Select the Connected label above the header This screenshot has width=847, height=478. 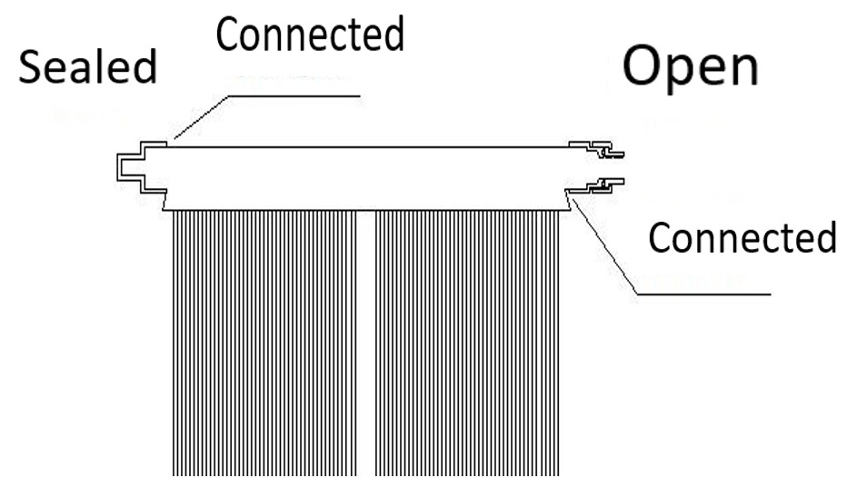[309, 35]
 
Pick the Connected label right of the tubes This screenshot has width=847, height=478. [742, 238]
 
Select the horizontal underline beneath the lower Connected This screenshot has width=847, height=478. [703, 294]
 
